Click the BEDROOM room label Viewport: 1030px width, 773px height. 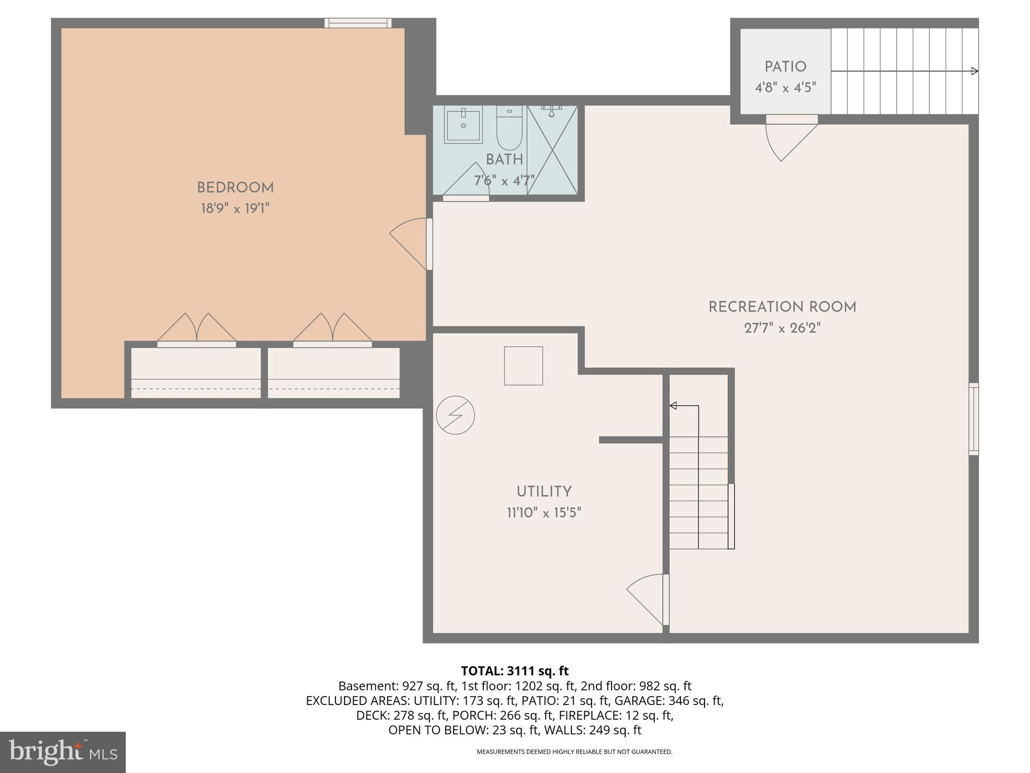click(x=235, y=188)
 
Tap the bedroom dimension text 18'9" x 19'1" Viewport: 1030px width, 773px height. click(x=235, y=208)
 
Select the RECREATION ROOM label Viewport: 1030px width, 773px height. click(x=782, y=307)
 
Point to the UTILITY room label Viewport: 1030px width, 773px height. click(x=544, y=492)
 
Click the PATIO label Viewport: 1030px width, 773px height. click(x=785, y=67)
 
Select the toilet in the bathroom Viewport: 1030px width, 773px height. click(x=509, y=128)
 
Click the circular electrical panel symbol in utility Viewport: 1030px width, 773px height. click(x=455, y=415)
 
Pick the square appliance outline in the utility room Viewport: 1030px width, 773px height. click(x=524, y=366)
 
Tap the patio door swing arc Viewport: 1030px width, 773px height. click(x=788, y=141)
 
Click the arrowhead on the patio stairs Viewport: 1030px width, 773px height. click(x=974, y=71)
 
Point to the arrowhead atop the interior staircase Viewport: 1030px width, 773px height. click(x=673, y=406)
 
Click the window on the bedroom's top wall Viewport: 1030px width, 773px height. click(x=358, y=23)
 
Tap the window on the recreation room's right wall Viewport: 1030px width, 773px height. click(x=974, y=419)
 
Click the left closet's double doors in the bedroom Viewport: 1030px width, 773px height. click(x=197, y=330)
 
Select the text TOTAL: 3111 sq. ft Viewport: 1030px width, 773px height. click(x=514, y=671)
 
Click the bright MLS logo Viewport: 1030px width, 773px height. click(x=62, y=752)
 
